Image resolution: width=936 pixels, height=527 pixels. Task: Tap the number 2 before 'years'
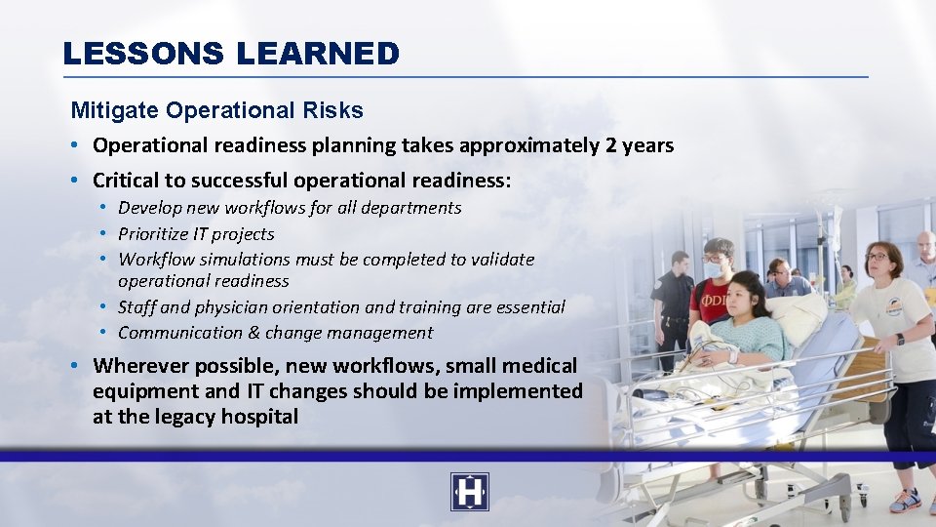point(610,145)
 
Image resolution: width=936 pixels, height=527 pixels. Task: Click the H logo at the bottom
point(469,492)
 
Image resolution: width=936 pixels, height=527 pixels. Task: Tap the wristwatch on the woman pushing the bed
point(899,339)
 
